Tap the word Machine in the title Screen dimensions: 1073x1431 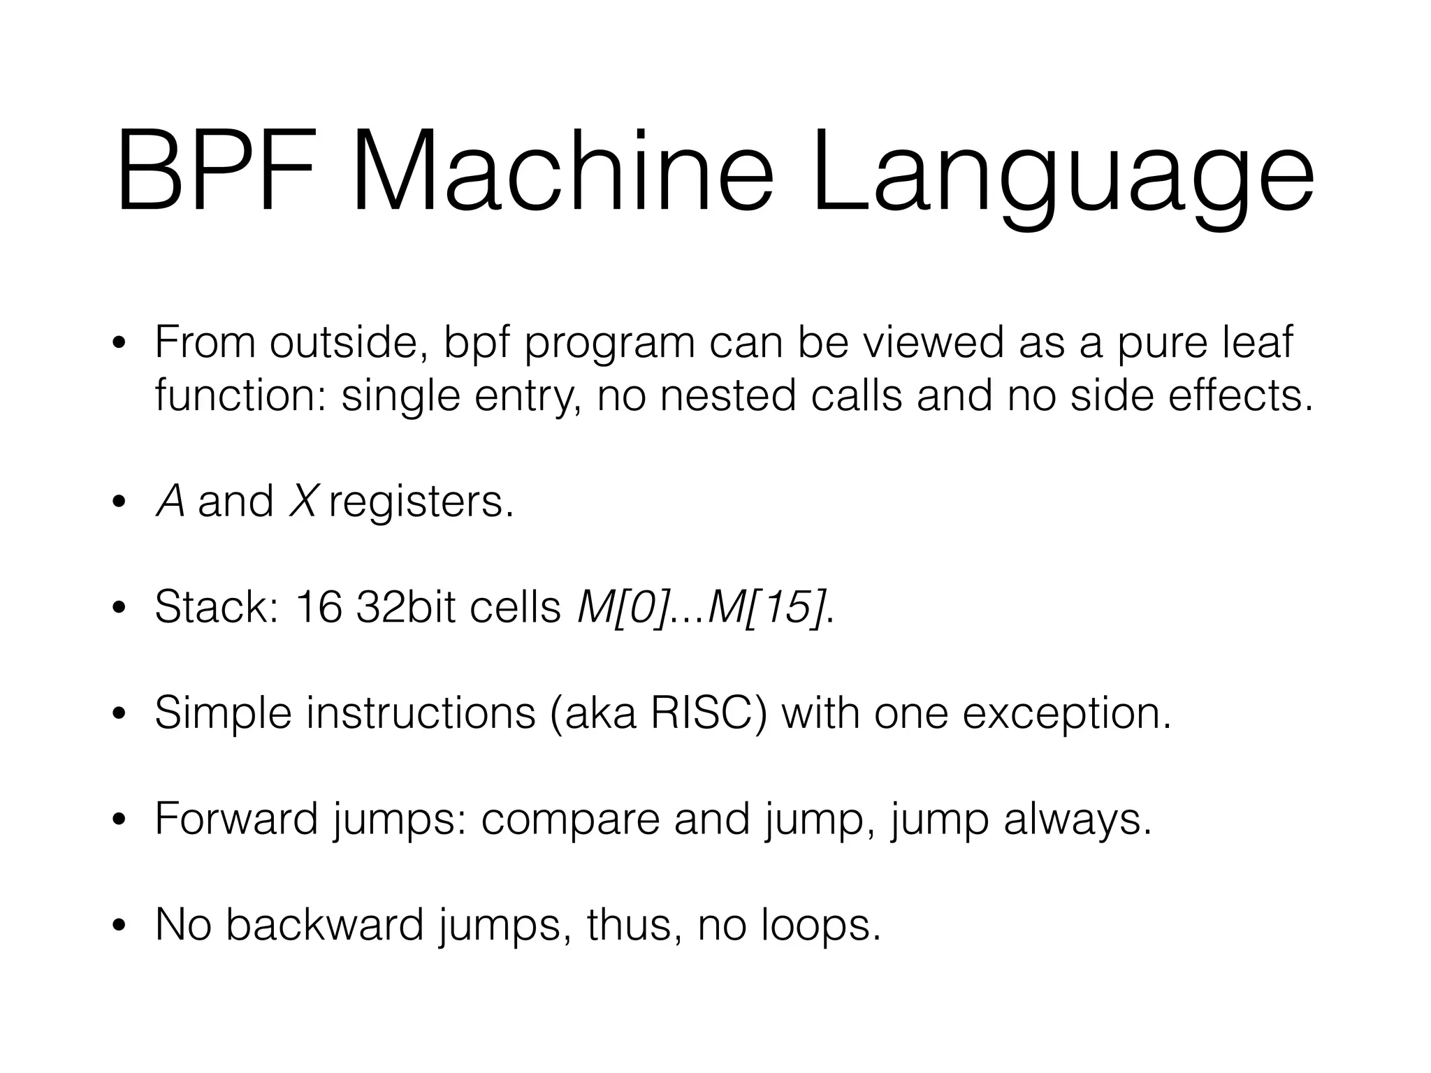click(x=562, y=172)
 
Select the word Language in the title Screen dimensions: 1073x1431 click(x=1062, y=175)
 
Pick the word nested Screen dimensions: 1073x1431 click(x=727, y=396)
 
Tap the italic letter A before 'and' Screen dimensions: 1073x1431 click(x=170, y=502)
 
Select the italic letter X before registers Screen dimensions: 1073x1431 click(x=303, y=502)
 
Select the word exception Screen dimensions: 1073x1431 click(x=1066, y=714)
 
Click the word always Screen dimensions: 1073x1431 click(x=1077, y=819)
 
